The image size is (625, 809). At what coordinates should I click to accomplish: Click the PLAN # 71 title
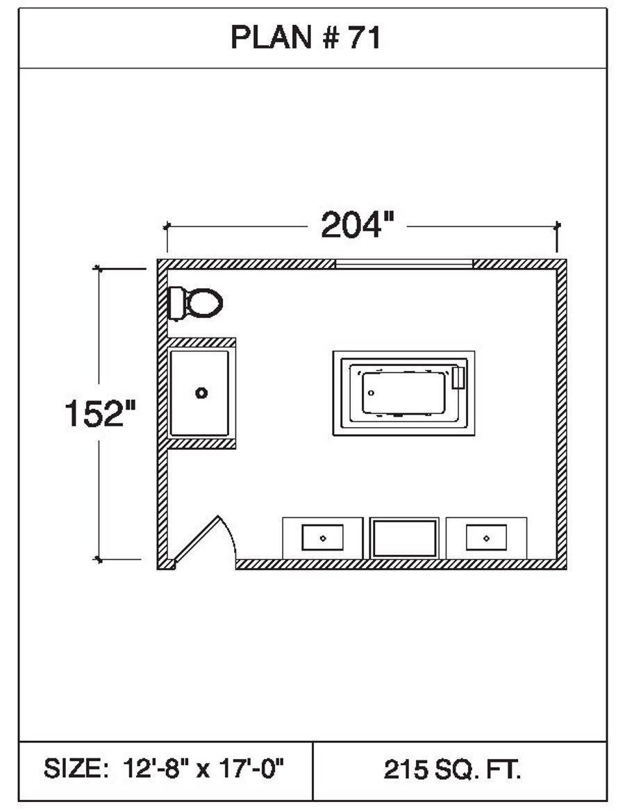coord(306,37)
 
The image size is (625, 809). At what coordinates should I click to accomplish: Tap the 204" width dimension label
coord(357,225)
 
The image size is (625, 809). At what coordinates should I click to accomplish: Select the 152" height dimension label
coord(100,413)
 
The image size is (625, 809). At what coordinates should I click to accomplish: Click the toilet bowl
coord(204,303)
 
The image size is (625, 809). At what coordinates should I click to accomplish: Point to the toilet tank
coord(176,303)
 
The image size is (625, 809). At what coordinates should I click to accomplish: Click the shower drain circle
coord(201,393)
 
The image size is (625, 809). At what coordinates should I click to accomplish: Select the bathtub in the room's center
coord(403,393)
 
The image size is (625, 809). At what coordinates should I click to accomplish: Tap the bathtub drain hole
coord(371,393)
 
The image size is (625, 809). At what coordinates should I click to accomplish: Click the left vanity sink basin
coord(322,538)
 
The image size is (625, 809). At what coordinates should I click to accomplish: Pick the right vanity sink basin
coord(486,538)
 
